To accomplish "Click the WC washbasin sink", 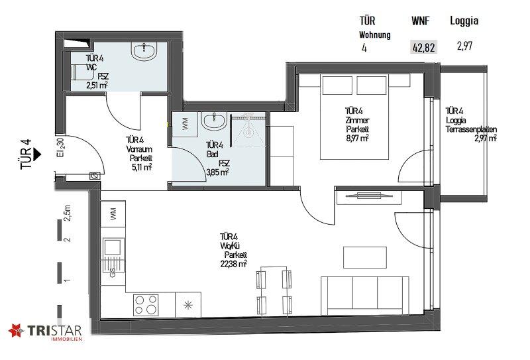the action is pyautogui.click(x=144, y=51).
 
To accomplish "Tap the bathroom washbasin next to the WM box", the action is pyautogui.click(x=214, y=121).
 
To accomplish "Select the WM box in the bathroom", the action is pyautogui.click(x=185, y=124).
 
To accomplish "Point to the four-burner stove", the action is pyautogui.click(x=146, y=304).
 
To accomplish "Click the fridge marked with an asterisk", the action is pyautogui.click(x=188, y=305).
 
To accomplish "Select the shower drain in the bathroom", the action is pyautogui.click(x=249, y=133).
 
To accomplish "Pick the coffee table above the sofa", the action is pyautogui.click(x=365, y=257).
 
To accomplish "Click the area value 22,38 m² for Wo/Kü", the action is pyautogui.click(x=233, y=264).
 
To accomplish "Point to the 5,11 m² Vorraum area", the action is pyautogui.click(x=140, y=167).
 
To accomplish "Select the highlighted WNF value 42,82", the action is pyautogui.click(x=423, y=47).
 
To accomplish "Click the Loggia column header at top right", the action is pyautogui.click(x=464, y=21).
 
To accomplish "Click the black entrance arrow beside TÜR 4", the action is pyautogui.click(x=37, y=154).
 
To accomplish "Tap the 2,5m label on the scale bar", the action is pyautogui.click(x=68, y=213).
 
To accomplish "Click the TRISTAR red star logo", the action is pyautogui.click(x=16, y=331).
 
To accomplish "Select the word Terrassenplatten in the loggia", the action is pyautogui.click(x=471, y=129).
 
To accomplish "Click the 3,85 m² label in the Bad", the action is pyautogui.click(x=218, y=172).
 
